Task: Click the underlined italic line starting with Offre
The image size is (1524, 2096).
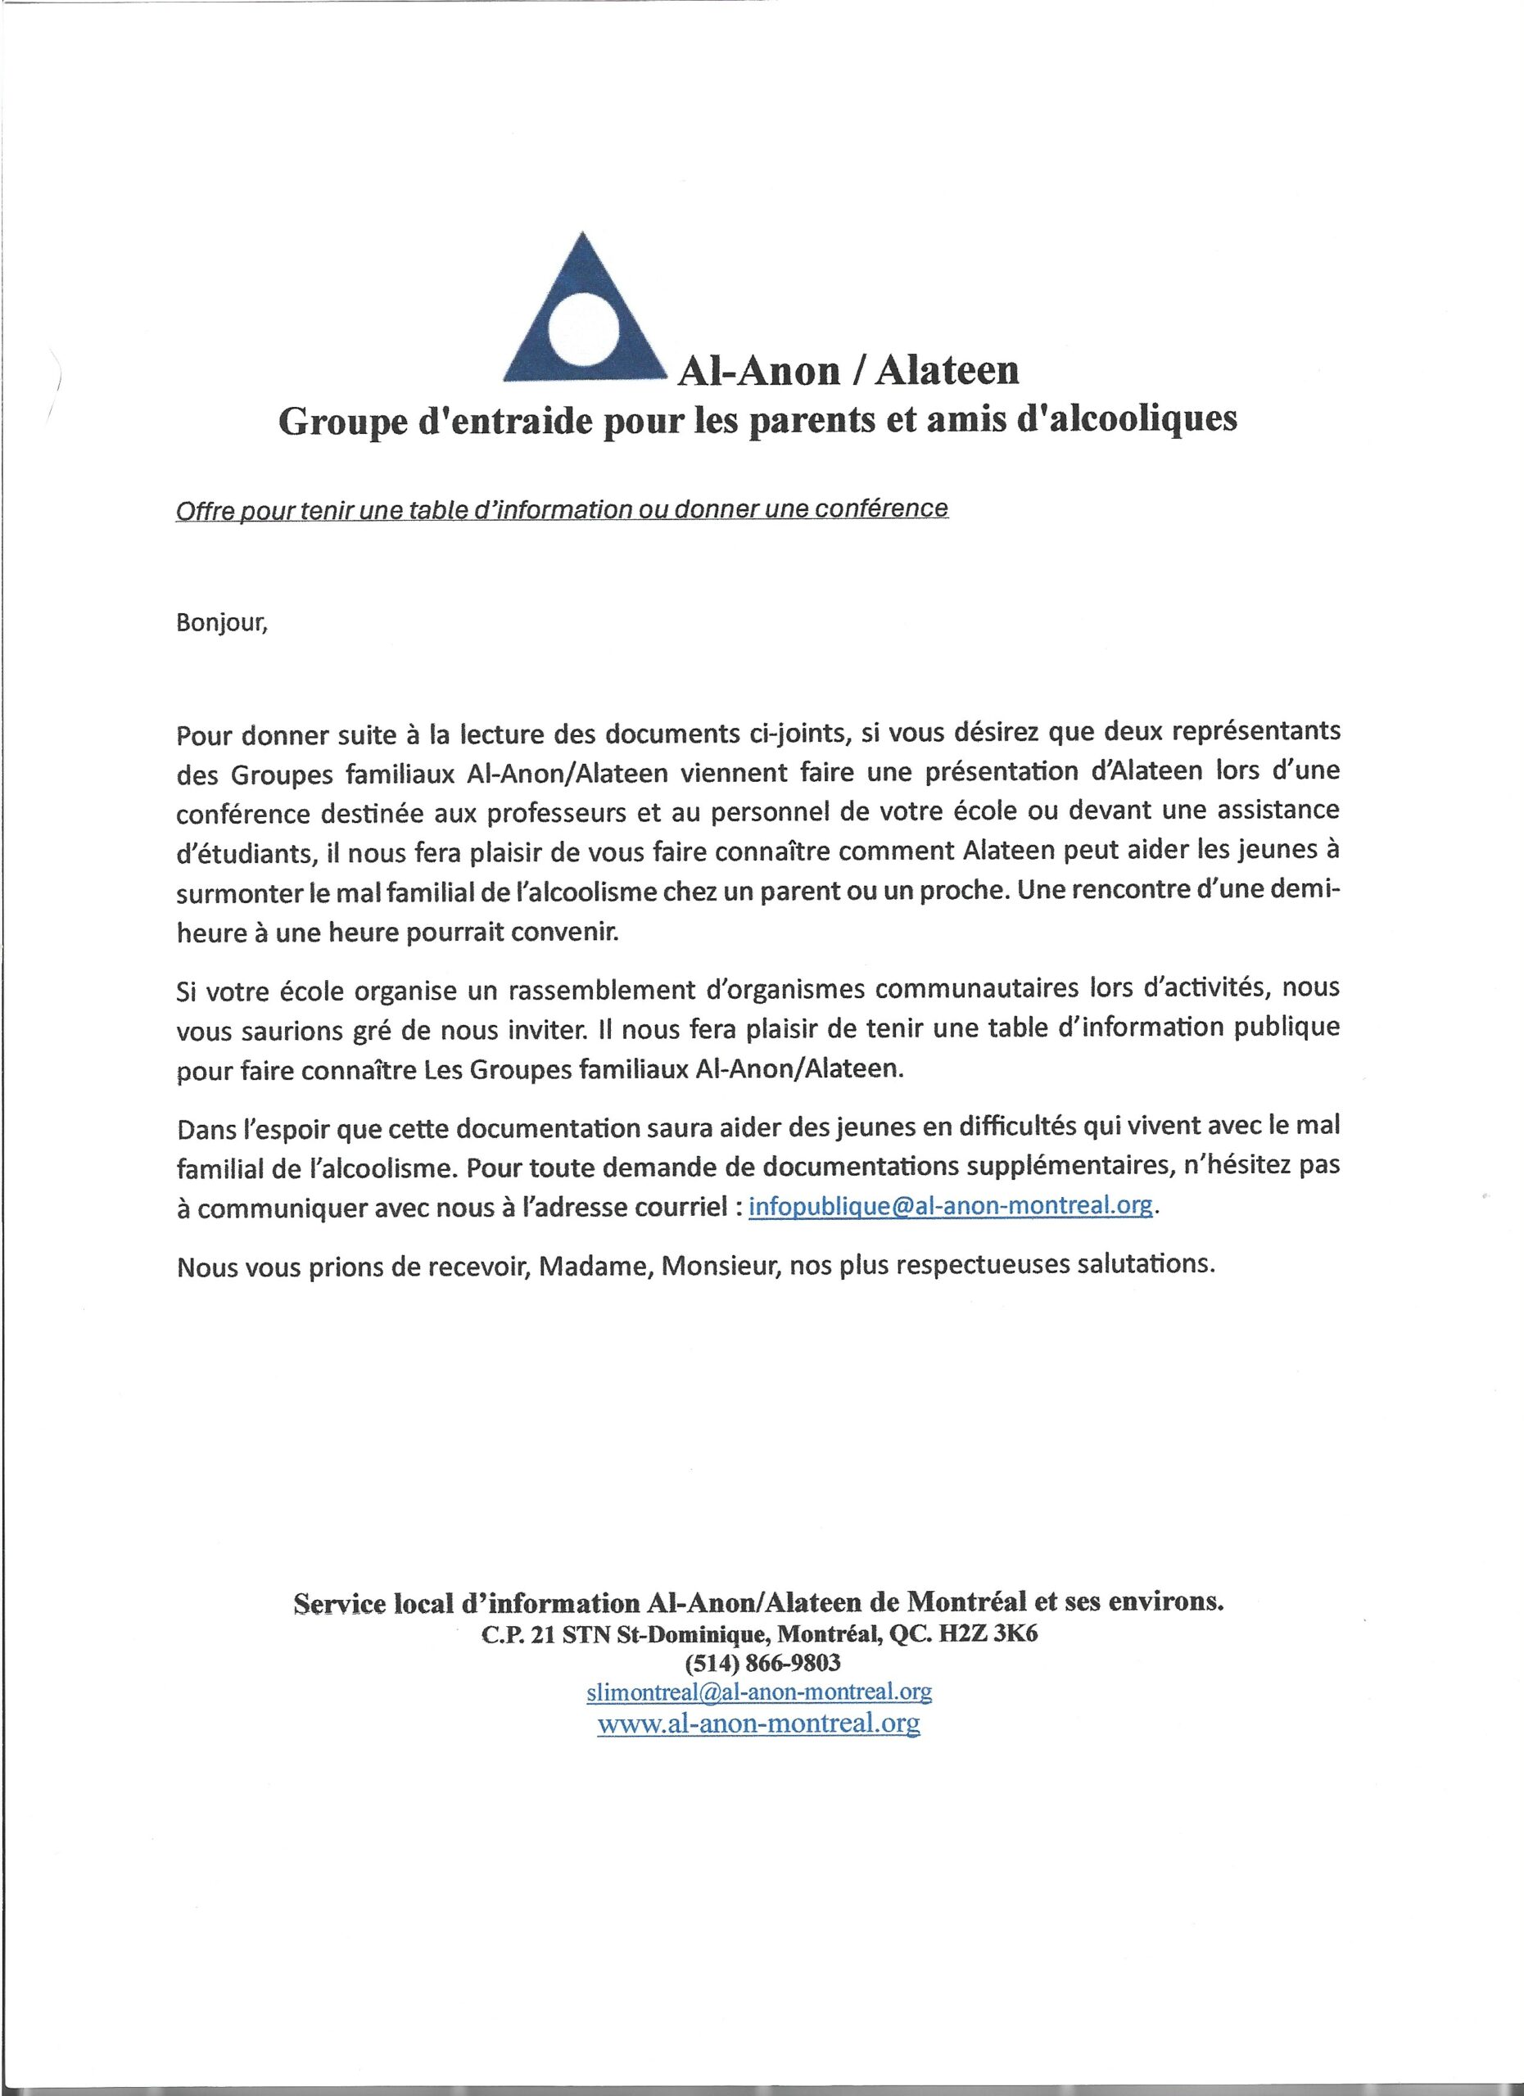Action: coord(561,508)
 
